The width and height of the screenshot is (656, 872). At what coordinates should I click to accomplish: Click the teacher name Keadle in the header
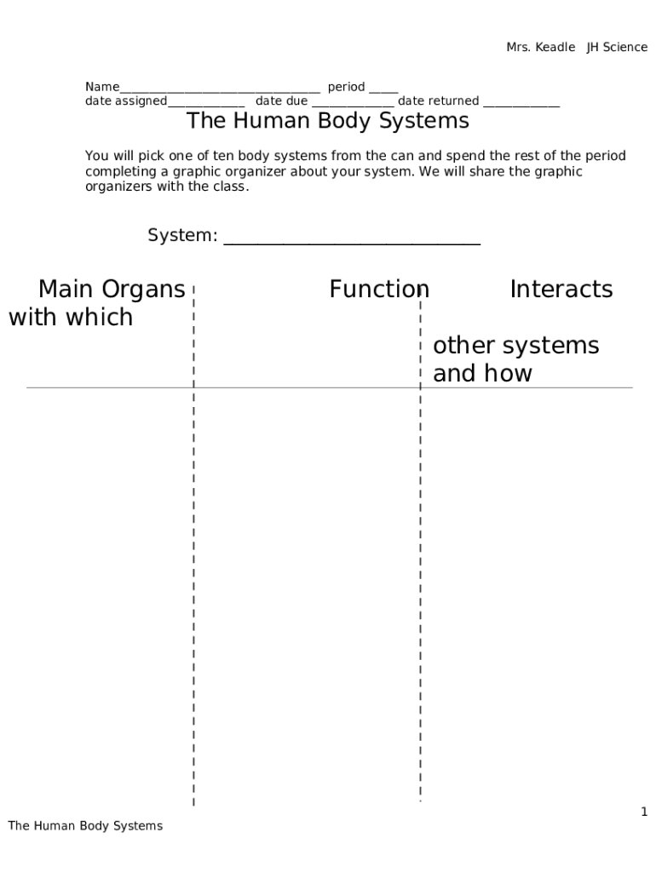click(555, 48)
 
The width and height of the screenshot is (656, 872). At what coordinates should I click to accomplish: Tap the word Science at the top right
click(624, 48)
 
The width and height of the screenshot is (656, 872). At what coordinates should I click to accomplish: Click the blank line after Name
click(220, 92)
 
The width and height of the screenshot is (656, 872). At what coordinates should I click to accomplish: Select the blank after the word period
click(383, 92)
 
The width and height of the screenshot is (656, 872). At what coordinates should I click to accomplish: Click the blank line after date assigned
click(206, 106)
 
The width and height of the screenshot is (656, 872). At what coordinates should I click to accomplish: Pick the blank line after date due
click(353, 106)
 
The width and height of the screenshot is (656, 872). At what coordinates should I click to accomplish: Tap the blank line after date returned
click(521, 106)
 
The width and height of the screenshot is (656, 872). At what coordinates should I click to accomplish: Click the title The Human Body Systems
click(328, 121)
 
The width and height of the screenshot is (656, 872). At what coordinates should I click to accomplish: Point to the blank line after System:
click(352, 244)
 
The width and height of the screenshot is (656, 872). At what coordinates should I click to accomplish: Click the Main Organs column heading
click(112, 290)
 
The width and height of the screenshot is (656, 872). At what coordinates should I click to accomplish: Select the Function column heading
click(379, 290)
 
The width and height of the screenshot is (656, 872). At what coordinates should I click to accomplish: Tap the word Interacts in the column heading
click(561, 290)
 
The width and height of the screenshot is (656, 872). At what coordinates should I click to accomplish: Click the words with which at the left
click(71, 317)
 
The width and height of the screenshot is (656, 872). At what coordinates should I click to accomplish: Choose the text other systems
click(515, 346)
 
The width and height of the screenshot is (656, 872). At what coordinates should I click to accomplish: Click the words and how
click(482, 373)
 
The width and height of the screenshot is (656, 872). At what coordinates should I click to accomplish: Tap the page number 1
click(644, 812)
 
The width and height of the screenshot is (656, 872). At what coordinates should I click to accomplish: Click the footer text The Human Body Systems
click(85, 826)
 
